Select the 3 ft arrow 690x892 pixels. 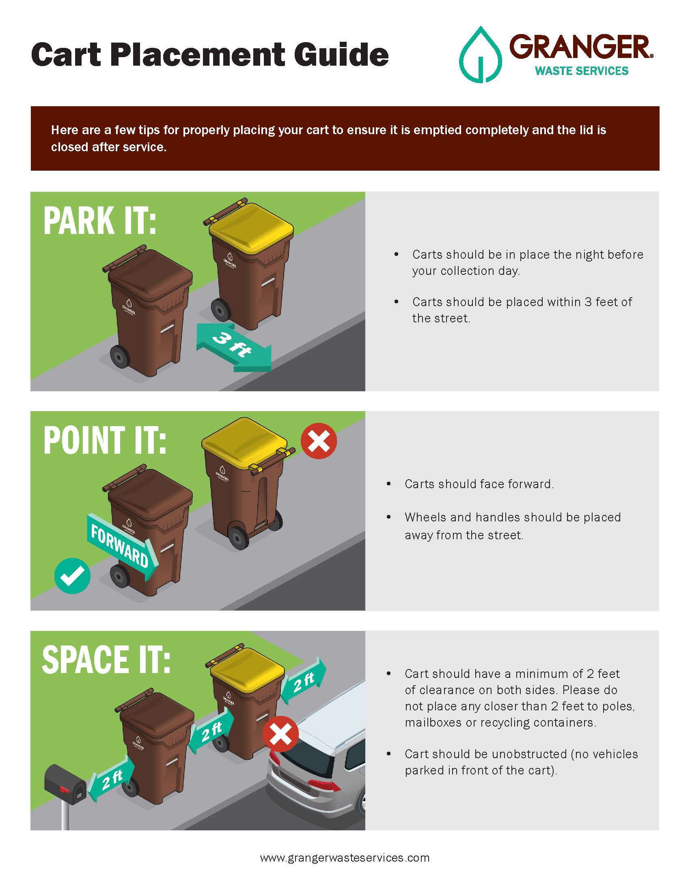pos(233,347)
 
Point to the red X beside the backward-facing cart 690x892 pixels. pos(319,441)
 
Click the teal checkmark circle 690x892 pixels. pos(72,576)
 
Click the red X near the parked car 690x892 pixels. pos(280,733)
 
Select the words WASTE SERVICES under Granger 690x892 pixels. pos(582,71)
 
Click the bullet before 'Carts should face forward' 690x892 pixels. pos(389,484)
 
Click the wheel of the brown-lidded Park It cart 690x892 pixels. pos(120,357)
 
